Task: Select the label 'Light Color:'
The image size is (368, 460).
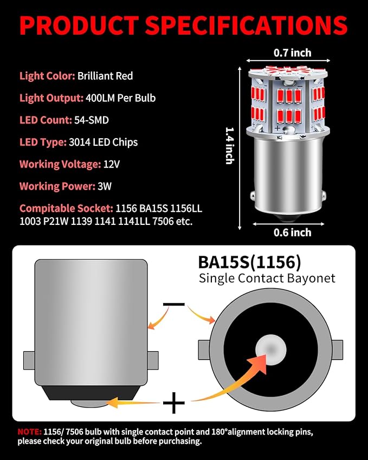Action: (47, 76)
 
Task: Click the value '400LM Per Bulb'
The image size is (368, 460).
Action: (120, 98)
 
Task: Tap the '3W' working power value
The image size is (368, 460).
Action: (103, 186)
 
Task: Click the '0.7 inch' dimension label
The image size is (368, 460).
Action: (292, 53)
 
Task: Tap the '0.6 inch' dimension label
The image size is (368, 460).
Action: (292, 232)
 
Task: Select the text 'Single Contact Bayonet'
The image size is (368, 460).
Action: (267, 278)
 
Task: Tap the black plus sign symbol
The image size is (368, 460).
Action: (173, 403)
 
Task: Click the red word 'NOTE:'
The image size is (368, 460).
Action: (28, 432)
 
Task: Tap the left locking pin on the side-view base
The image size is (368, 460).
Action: (29, 360)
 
